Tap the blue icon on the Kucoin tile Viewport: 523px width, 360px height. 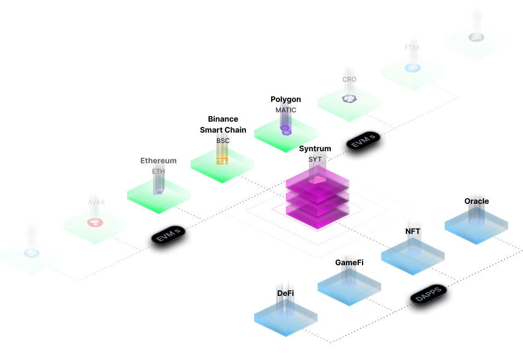coord(31,253)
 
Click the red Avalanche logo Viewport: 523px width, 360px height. coord(95,222)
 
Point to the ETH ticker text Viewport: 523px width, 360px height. coord(158,172)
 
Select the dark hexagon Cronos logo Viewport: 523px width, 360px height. coord(349,98)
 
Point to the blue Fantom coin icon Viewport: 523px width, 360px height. coord(412,67)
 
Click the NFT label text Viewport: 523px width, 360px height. coord(414,231)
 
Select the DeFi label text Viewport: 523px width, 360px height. coord(285,294)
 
